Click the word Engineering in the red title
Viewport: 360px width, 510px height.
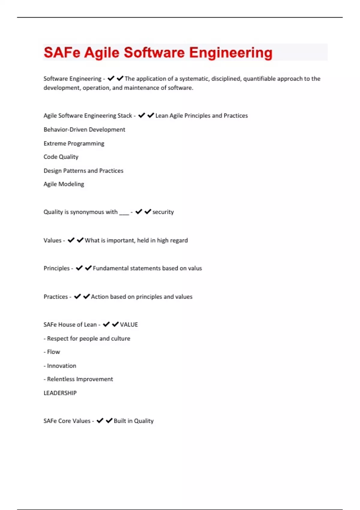[230, 53]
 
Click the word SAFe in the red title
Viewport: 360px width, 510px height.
[62, 52]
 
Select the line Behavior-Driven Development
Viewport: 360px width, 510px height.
[84, 130]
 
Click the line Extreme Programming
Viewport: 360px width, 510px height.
[74, 143]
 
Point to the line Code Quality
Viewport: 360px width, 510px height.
[61, 157]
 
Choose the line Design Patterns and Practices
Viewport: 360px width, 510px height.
[83, 171]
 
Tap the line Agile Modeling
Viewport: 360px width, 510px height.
[64, 184]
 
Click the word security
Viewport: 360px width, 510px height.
[163, 212]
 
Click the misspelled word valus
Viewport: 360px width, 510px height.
[195, 268]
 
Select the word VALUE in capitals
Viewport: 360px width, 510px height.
[129, 325]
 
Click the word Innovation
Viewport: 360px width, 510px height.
[61, 366]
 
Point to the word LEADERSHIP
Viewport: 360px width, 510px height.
[60, 393]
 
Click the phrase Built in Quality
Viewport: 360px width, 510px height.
[133, 421]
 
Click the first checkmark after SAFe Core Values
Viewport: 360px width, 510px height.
[100, 421]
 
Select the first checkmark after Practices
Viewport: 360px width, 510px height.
[77, 296]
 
